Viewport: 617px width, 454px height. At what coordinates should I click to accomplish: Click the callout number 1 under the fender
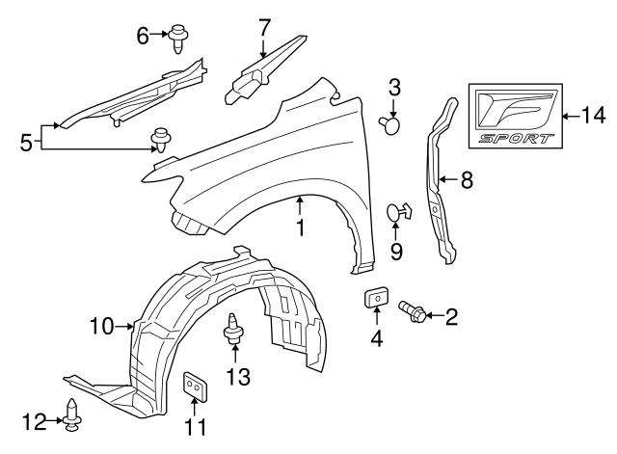pos(300,228)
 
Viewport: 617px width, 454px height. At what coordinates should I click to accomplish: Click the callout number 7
pos(264,28)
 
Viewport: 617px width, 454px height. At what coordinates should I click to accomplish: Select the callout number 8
pos(467,179)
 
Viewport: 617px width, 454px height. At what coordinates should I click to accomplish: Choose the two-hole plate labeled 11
pos(196,386)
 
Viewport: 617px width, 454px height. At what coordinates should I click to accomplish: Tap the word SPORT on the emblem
pos(519,138)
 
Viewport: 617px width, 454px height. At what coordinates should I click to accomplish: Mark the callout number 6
pos(143,36)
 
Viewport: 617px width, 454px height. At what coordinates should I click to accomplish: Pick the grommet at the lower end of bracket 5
pos(158,142)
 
